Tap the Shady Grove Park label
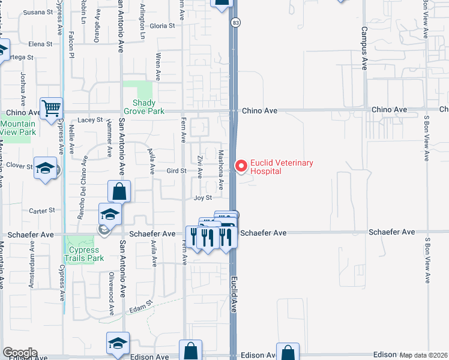pos(144,107)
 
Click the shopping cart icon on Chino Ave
pos(52,109)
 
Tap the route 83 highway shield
pos(236,23)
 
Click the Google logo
pos(19,353)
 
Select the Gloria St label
pos(162,26)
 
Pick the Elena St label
pos(41,44)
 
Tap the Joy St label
pos(203,197)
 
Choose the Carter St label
pos(42,211)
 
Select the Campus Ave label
pos(364,45)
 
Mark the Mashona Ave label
pos(221,169)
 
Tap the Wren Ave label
pos(158,66)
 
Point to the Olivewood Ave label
pos(111,292)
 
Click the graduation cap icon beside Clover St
pos(45,168)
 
